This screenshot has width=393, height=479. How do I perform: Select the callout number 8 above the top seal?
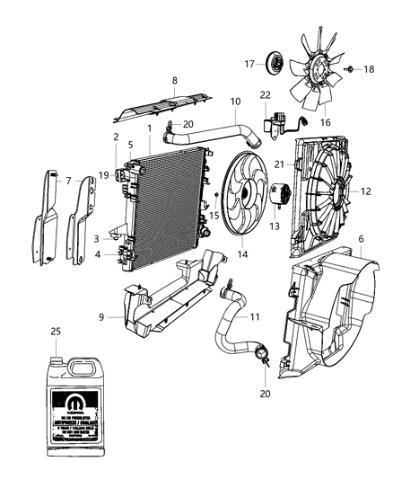click(x=174, y=81)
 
